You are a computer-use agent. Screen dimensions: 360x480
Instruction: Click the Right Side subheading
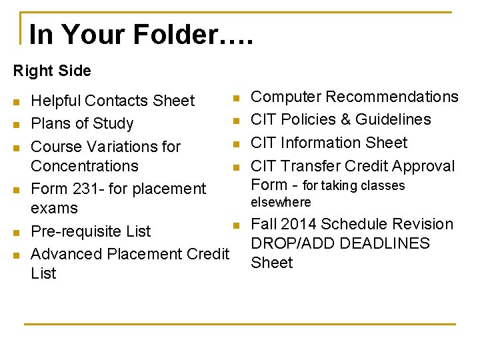[52, 70]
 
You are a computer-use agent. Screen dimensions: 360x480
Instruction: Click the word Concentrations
[85, 165]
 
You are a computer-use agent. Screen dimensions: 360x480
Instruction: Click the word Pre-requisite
[77, 231]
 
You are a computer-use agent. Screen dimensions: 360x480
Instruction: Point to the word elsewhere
[281, 202]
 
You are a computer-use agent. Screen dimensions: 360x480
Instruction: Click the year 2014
[299, 224]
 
